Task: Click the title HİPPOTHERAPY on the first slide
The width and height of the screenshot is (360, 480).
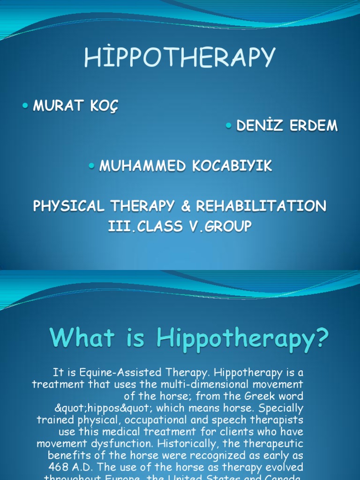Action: pos(180,58)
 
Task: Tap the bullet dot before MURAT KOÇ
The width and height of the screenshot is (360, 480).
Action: pos(25,106)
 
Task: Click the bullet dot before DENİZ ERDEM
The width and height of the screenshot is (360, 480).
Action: pos(229,126)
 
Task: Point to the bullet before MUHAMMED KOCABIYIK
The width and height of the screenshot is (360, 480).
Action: pos(92,166)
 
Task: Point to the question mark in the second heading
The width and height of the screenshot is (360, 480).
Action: pos(321,338)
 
